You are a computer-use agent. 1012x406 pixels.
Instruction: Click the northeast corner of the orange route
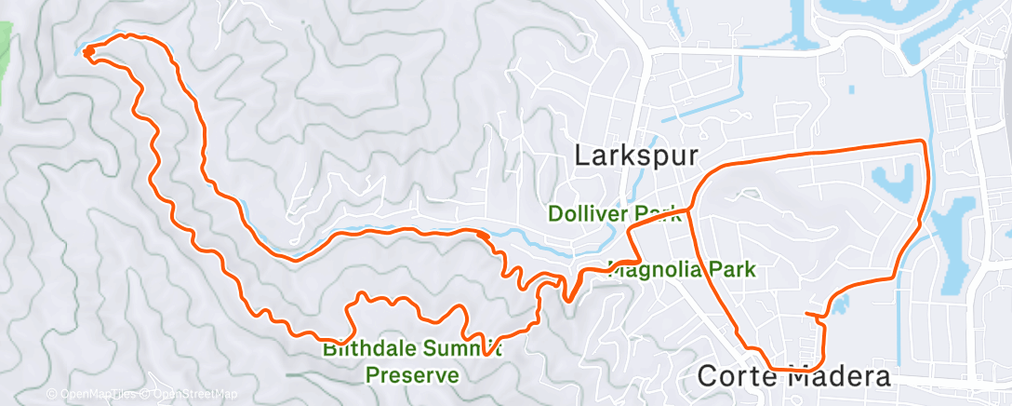pyautogui.click(x=922, y=142)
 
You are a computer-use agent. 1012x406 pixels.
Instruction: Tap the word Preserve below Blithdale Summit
pyautogui.click(x=412, y=375)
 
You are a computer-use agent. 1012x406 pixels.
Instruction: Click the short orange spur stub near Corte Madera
pyautogui.click(x=815, y=315)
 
